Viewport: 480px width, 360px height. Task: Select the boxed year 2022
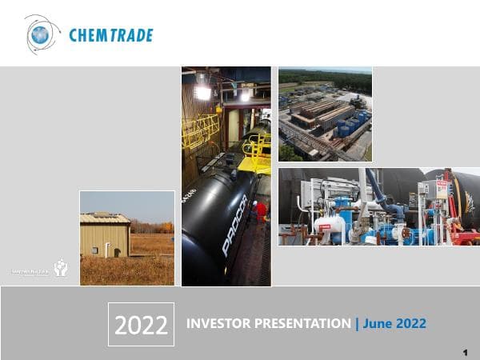(x=141, y=324)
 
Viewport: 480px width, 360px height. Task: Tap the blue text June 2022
(x=394, y=324)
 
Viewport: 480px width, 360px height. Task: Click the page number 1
(x=465, y=352)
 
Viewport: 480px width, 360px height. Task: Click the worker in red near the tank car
(x=259, y=210)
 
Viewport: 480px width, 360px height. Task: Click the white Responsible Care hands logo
(x=60, y=269)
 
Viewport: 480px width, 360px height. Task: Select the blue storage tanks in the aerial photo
(x=350, y=125)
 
